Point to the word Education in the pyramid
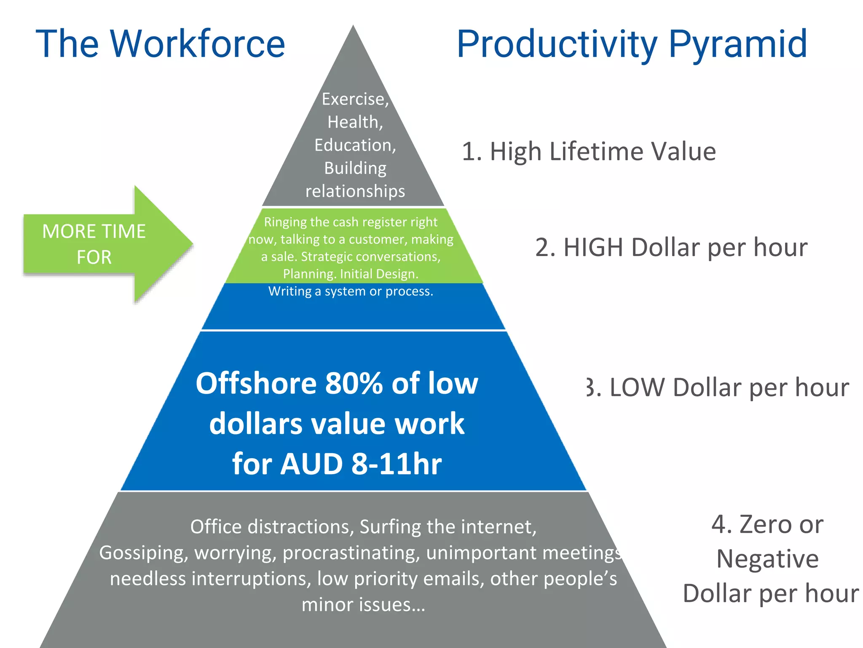pyautogui.click(x=354, y=145)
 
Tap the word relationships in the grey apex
pyautogui.click(x=355, y=191)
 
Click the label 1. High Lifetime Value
pyautogui.click(x=589, y=151)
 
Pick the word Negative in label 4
pyautogui.click(x=767, y=559)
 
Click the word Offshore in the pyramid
pyautogui.click(x=256, y=383)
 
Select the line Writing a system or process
pyautogui.click(x=351, y=292)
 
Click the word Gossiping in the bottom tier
pyautogui.click(x=144, y=553)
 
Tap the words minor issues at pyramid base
pyautogui.click(x=363, y=605)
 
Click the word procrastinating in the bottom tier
pyautogui.click(x=351, y=553)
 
